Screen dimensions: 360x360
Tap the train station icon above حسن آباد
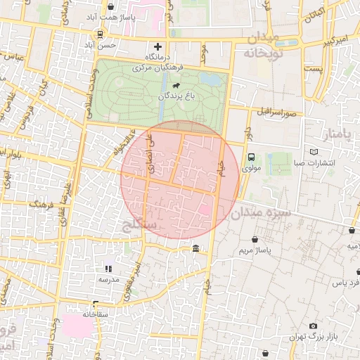coord(100,33)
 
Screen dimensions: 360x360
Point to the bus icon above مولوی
coord(251,158)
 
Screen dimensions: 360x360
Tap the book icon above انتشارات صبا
coord(314,152)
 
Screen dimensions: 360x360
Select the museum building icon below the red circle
coord(195,249)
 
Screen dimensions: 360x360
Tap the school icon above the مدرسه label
coord(108,268)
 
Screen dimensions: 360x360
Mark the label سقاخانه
coord(95,314)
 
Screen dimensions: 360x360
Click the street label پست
coord(315,69)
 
